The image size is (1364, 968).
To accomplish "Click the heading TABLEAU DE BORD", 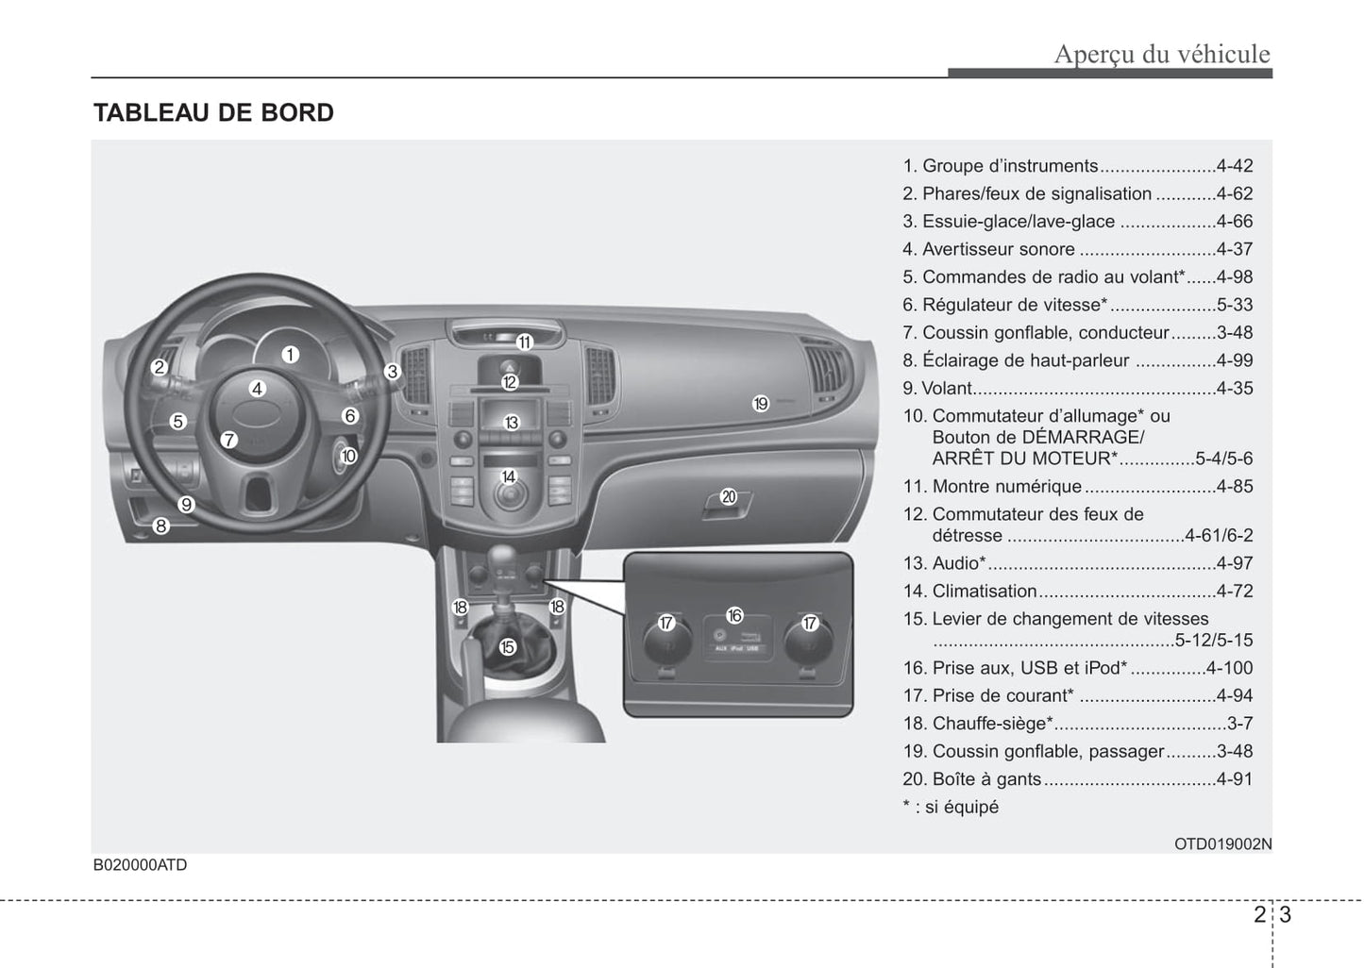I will [x=213, y=113].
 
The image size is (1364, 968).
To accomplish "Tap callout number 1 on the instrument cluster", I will [x=290, y=355].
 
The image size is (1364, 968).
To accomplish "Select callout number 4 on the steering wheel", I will [x=257, y=388].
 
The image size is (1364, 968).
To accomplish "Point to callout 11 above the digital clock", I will [x=524, y=342].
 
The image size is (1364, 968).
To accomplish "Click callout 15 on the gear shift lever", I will [x=508, y=647].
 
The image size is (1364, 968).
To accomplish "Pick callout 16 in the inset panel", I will [x=734, y=615].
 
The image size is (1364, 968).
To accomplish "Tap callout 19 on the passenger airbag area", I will [x=761, y=404].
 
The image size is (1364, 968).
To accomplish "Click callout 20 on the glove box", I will [x=728, y=496].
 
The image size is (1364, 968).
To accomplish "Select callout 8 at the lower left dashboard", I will [x=161, y=526].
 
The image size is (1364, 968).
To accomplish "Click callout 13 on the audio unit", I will [x=511, y=423].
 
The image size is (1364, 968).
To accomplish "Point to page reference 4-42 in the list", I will [x=1235, y=166].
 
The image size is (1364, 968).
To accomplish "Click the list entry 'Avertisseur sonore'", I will [x=998, y=249].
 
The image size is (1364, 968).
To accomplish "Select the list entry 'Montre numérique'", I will [x=1006, y=487].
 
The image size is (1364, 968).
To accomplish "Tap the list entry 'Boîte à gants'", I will [x=986, y=779].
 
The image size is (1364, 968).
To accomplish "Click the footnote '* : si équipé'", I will [x=951, y=807].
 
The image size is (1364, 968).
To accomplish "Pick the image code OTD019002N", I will [x=1222, y=844].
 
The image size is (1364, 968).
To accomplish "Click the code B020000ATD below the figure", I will [x=140, y=865].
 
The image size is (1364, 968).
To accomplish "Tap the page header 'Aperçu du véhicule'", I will [x=1162, y=54].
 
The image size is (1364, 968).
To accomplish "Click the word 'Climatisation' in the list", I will [x=984, y=592].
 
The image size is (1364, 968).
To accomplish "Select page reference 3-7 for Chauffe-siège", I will [x=1239, y=724].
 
